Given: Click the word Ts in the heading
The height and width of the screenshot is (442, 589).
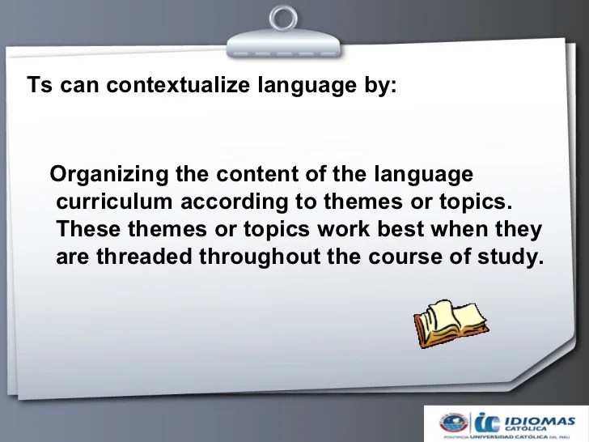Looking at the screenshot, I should [x=40, y=84].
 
